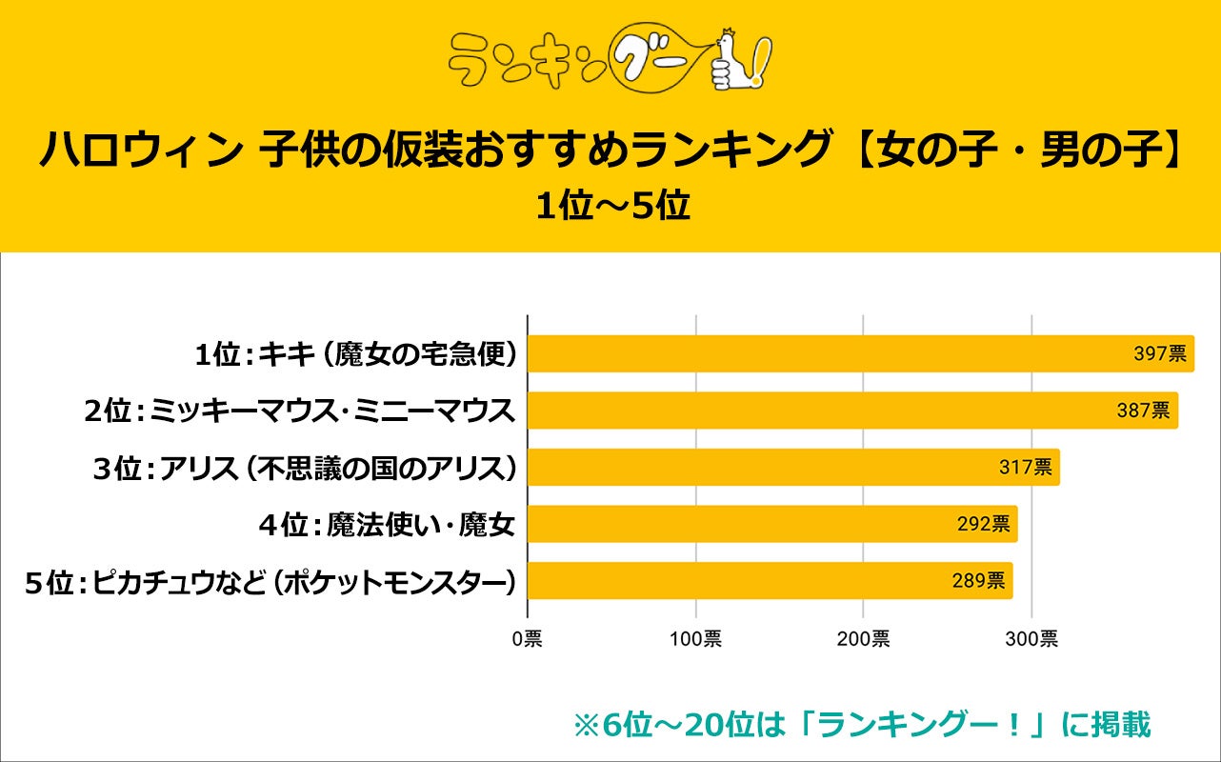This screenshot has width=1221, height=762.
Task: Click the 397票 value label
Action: coord(1159,354)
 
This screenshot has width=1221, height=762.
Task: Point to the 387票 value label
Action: coord(1143,411)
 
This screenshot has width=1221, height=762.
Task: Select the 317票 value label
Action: coord(1025,468)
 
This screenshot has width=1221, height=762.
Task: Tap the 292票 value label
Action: coord(983,524)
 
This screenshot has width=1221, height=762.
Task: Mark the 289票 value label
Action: coord(978,581)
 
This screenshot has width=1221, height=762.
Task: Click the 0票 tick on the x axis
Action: coord(526,639)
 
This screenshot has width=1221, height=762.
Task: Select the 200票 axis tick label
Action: coord(863,639)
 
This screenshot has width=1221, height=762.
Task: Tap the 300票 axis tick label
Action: coord(1031,639)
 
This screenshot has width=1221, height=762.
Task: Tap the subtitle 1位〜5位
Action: coord(610,207)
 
